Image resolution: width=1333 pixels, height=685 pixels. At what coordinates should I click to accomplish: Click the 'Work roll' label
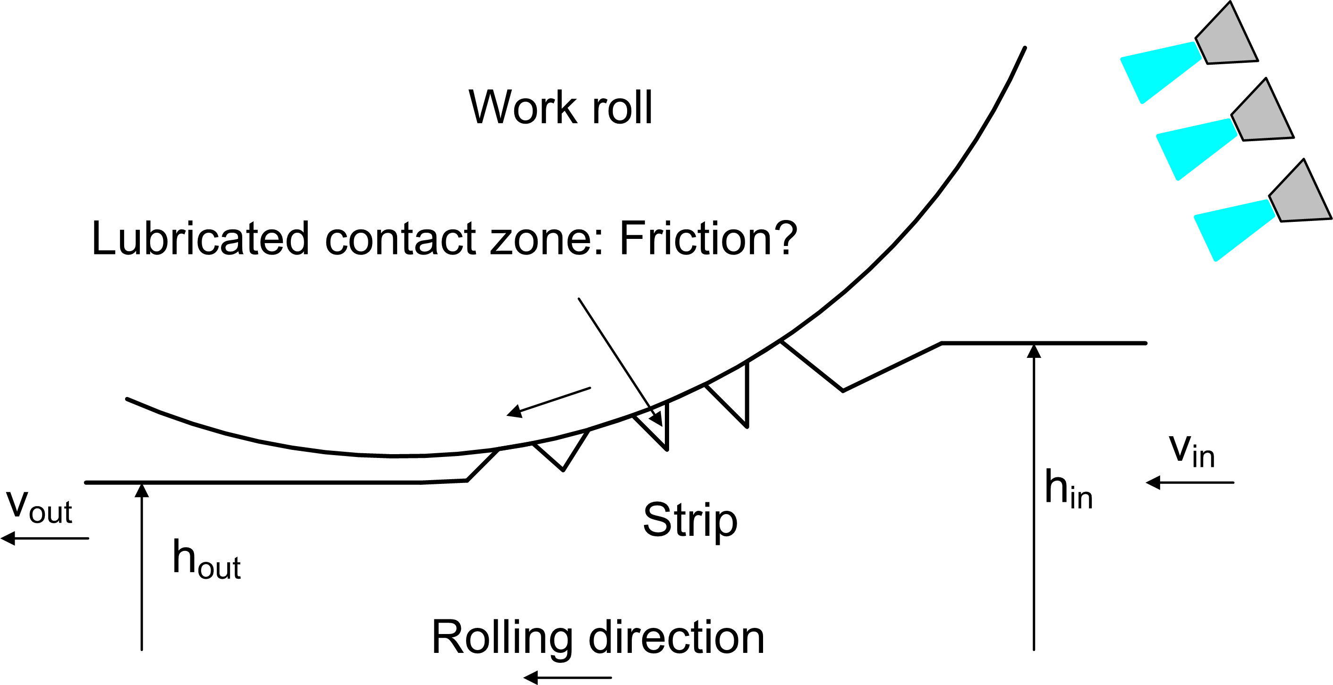(560, 107)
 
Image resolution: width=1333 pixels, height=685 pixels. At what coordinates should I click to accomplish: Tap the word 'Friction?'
(708, 238)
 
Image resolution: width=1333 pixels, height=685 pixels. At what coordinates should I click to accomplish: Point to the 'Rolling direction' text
(598, 637)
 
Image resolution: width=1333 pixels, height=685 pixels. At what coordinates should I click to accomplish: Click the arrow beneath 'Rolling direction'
(568, 677)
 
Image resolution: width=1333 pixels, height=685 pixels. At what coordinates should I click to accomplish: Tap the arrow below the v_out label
(45, 539)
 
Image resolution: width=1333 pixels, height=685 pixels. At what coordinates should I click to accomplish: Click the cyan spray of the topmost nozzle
(1159, 72)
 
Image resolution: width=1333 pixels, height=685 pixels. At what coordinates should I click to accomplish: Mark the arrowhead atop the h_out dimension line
(142, 490)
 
